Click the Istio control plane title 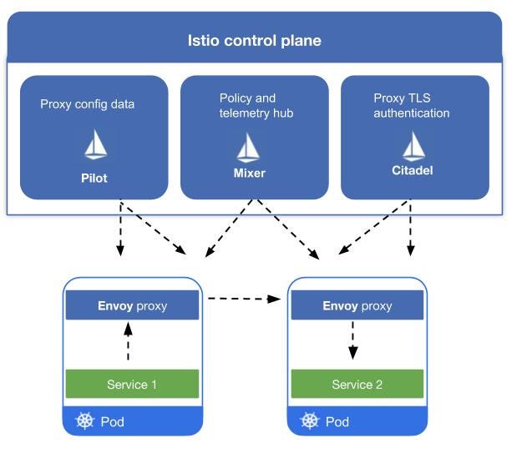pos(254,40)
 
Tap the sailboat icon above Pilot pos(94,146)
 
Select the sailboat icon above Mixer pos(248,147)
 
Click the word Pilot pos(94,178)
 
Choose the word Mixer pos(248,174)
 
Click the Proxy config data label pos(87,104)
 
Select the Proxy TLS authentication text pos(412,106)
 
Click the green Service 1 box pos(132,384)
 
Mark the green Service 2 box pos(357,384)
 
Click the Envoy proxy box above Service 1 pos(132,305)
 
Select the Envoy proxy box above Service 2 pos(357,305)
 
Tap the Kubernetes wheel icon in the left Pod pos(84,421)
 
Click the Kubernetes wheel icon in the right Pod pos(310,421)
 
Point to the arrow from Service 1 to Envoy pos(128,342)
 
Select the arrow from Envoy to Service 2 pos(353,340)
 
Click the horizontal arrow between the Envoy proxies pos(243,297)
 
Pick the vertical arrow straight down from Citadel pos(410,227)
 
